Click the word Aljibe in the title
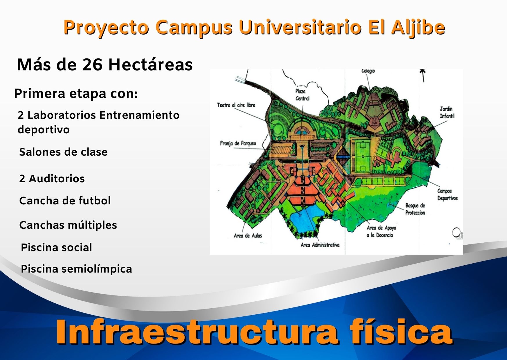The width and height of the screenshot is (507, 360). pos(418,28)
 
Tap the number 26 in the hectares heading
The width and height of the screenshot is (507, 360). pos(92,64)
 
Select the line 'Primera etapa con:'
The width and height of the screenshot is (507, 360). pos(76,93)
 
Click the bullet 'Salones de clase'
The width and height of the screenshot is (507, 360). pos(63,152)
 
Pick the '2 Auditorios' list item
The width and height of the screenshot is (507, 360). pos(52,179)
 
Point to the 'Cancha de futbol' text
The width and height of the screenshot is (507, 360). pos(65,201)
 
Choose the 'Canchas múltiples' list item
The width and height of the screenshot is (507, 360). pos(68,225)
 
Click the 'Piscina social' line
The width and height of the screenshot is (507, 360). pos(57,247)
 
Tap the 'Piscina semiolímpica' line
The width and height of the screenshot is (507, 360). pos(77,269)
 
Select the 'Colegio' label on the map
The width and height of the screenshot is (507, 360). pos(368,71)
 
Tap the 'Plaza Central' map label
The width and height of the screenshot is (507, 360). pos(302,95)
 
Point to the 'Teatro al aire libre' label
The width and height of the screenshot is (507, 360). pos(236,105)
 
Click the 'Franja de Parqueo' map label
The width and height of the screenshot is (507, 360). pos(238,143)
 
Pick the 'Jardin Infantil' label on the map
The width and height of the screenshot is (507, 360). pos(447,112)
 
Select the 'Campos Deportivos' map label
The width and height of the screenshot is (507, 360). pos(447,195)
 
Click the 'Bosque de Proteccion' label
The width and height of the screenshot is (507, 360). pos(415,209)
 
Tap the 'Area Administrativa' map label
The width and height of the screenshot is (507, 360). pos(320,245)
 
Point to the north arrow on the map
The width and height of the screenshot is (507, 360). pos(423,75)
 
